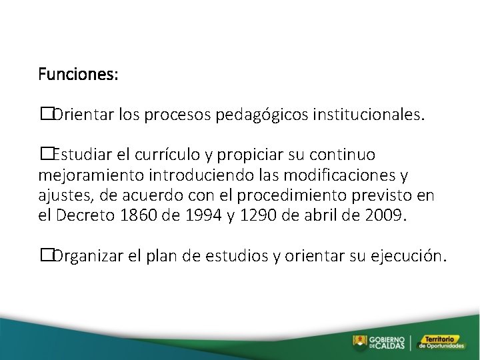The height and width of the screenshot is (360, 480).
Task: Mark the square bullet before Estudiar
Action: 45,155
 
